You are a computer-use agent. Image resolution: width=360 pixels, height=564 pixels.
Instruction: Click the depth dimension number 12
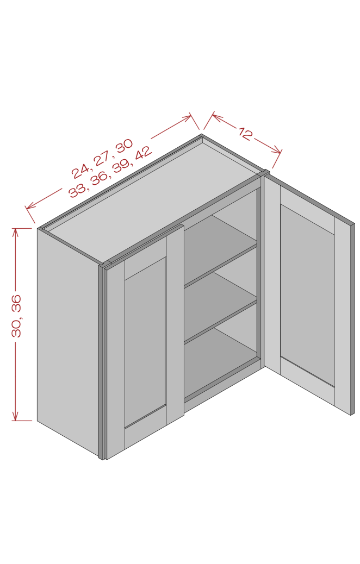pos(245,134)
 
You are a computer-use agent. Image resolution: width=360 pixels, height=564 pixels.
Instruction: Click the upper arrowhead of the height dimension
pos(15,232)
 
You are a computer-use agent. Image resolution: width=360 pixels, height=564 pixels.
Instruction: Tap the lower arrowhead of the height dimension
pos(15,416)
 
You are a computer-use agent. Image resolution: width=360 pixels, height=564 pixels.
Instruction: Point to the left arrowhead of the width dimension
pos(30,206)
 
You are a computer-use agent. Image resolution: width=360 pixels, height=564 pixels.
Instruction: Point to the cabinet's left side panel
pos(68,342)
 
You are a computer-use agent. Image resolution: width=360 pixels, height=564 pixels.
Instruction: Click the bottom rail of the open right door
pos(307,383)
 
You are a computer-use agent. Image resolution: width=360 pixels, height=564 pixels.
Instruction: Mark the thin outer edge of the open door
pos(352,319)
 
